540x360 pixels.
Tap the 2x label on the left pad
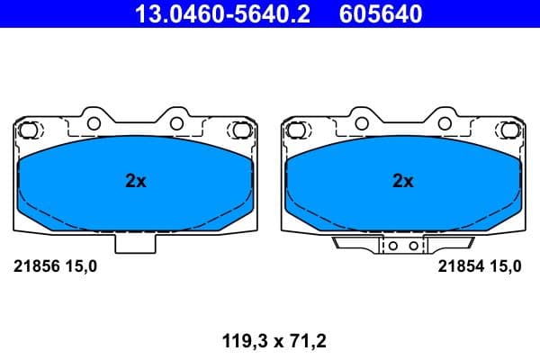(x=135, y=181)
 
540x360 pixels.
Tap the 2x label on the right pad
(x=402, y=181)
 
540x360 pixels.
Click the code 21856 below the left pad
(x=34, y=265)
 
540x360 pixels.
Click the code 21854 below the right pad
(x=458, y=265)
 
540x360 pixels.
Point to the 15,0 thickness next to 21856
(x=78, y=265)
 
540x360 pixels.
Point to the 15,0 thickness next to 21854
(x=502, y=265)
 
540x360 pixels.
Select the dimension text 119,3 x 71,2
(x=269, y=341)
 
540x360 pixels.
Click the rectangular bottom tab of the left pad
(x=135, y=242)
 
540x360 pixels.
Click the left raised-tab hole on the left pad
(x=94, y=122)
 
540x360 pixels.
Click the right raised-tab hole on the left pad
(x=176, y=122)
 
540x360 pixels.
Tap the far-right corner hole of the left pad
(x=241, y=130)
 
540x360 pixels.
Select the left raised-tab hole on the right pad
(x=361, y=122)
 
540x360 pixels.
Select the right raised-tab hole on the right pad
(x=444, y=122)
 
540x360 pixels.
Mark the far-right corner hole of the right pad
(x=508, y=130)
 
